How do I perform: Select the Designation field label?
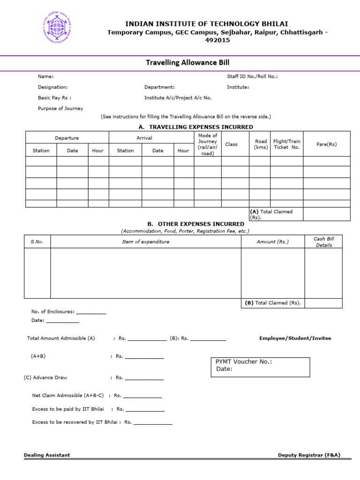(52, 87)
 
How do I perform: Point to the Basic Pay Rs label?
(54, 98)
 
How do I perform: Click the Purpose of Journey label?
(60, 108)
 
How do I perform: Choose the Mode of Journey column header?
(208, 144)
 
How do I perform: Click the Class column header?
(232, 144)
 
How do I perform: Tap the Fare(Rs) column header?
(326, 144)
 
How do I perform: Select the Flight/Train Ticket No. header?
(286, 144)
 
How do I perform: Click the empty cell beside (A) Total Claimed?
(326, 214)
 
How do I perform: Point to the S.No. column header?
(37, 242)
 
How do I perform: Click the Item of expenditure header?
(146, 242)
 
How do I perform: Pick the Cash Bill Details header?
(323, 242)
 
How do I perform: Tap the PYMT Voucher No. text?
(243, 362)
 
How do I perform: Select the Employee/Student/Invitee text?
(295, 338)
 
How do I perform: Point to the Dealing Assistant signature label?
(47, 455)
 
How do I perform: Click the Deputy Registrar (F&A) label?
(309, 455)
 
